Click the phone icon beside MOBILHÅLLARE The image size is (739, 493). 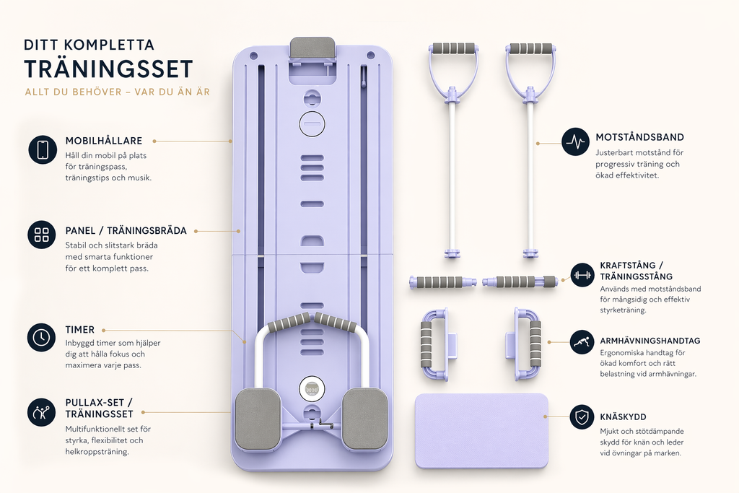tap(43, 149)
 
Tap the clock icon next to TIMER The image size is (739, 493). tap(41, 337)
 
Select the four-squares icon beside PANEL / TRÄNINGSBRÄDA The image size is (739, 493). tap(41, 235)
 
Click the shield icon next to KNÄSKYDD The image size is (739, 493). tap(582, 416)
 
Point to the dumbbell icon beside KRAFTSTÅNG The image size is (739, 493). tap(582, 275)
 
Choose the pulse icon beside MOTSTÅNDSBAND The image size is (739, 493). tap(575, 141)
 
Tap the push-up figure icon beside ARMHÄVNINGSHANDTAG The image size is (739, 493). tap(582, 342)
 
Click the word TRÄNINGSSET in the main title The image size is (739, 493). tap(109, 69)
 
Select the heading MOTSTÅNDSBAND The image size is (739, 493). tap(639, 137)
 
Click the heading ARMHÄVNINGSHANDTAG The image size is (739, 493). tap(650, 341)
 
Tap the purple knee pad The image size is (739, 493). tap(481, 431)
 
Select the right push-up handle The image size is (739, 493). tap(525, 344)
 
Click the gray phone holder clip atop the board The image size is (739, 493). tap(312, 48)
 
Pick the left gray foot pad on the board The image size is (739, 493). tap(258, 419)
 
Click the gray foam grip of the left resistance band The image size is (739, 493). tap(453, 48)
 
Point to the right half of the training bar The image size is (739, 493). tap(520, 282)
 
